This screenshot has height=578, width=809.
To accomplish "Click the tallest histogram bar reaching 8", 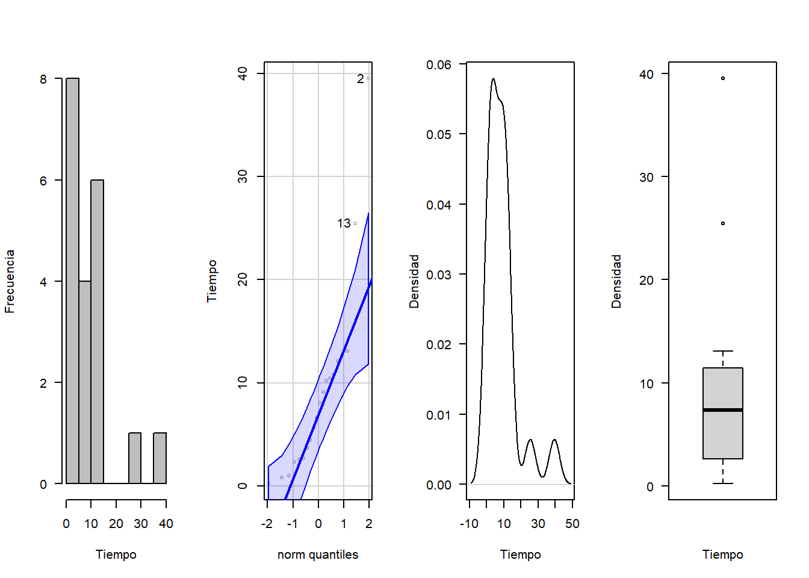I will (72, 280).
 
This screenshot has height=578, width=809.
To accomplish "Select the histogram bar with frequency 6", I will (97, 331).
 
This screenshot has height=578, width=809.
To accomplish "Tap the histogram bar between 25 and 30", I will (135, 458).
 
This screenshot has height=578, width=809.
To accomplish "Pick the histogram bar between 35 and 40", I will (160, 458).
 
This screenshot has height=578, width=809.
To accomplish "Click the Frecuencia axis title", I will (10, 281).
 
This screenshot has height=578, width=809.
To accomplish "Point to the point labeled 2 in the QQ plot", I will (368, 78).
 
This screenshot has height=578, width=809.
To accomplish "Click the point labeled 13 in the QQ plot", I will (355, 223).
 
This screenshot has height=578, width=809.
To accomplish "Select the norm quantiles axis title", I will (317, 555).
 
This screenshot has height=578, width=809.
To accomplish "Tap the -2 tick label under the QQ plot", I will (267, 524).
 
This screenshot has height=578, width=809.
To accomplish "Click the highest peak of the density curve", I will (493, 79).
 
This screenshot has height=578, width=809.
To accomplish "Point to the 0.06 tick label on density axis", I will (439, 64).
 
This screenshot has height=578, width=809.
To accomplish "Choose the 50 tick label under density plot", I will (572, 524).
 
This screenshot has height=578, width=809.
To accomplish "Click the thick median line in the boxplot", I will (722, 410).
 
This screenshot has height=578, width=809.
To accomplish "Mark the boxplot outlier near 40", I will (723, 78).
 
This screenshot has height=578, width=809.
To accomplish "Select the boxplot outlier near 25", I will (723, 223).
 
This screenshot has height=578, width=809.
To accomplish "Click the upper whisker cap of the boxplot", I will (722, 351).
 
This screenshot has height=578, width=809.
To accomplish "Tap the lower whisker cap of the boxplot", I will (722, 483).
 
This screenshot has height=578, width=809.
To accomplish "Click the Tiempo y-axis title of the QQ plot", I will (212, 281).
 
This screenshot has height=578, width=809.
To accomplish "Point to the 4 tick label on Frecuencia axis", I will (43, 282).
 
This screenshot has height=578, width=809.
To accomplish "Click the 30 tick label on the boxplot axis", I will (646, 178).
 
